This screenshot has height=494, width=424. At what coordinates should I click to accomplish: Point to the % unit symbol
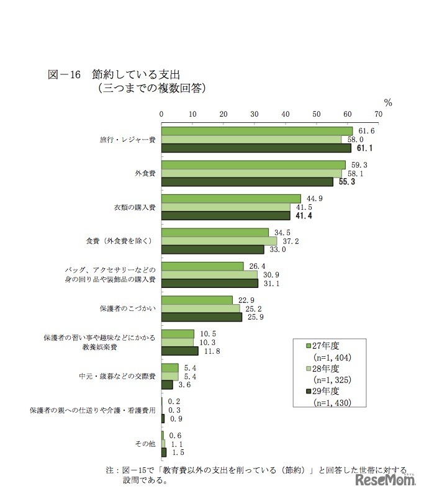pos(387,102)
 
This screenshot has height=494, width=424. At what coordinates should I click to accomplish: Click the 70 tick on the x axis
pos(378,114)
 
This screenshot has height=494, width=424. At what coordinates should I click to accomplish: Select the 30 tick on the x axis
pos(255,114)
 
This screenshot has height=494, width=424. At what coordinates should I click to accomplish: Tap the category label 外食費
pos(145,173)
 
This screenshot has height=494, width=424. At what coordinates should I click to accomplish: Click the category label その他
pos(145,444)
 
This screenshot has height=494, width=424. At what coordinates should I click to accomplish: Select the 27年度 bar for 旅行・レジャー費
pos(256,131)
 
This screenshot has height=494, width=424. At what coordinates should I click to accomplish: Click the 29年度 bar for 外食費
pos(247,182)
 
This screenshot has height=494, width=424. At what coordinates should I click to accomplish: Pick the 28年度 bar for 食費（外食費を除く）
pos(219,241)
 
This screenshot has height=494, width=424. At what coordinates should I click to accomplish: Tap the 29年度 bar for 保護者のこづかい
pos(202,317)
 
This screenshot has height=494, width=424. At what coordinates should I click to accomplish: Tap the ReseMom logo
pos(384,481)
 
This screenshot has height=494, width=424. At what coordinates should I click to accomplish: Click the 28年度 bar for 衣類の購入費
pos(225,207)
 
